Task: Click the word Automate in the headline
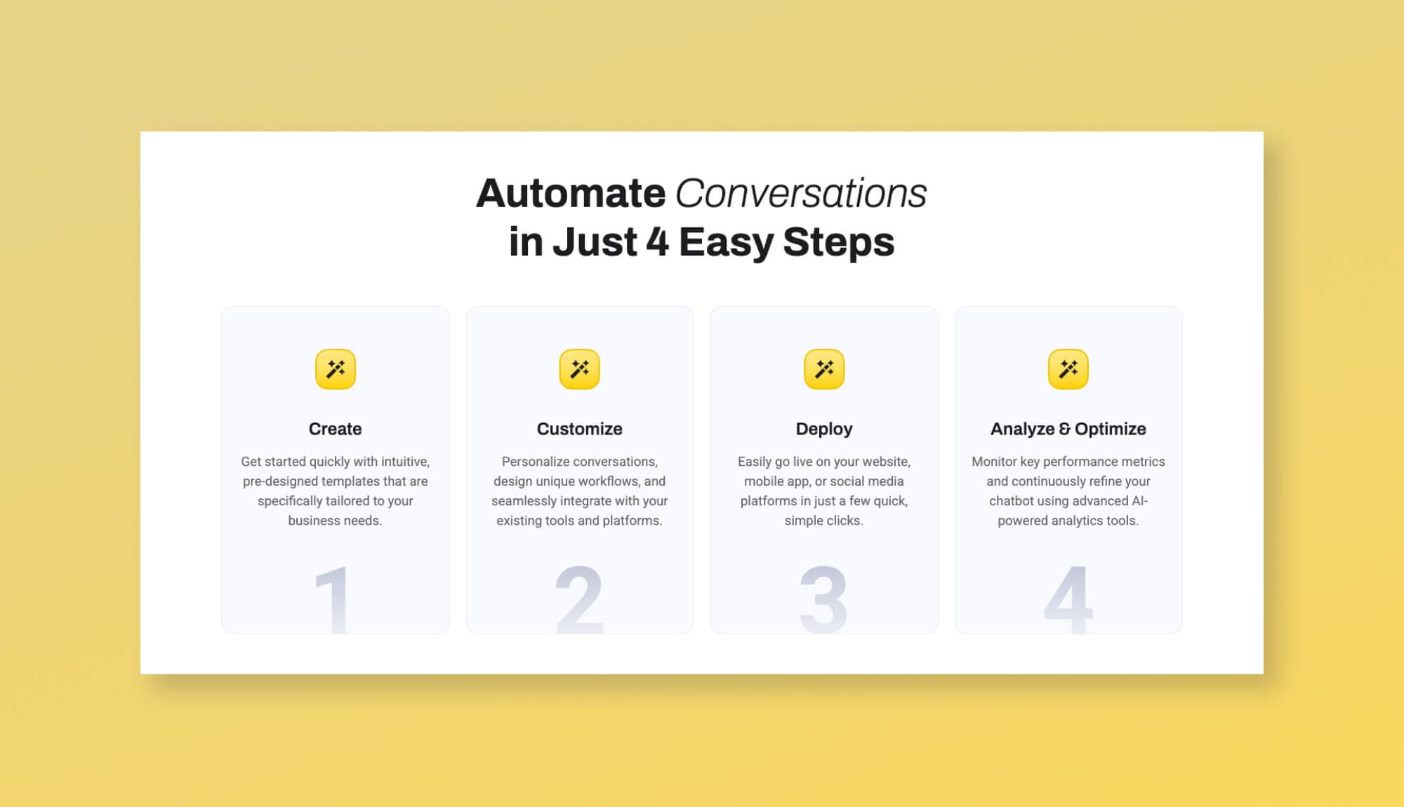[x=571, y=193]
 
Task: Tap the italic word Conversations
[x=800, y=193]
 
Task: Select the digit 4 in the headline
[x=657, y=242]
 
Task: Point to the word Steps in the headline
[x=838, y=242]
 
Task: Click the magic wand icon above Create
[x=336, y=369]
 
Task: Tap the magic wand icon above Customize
[x=580, y=369]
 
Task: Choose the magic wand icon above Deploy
[x=824, y=369]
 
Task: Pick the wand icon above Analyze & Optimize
[x=1068, y=369]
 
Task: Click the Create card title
[x=336, y=429]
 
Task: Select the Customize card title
[x=580, y=429]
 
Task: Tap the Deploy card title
[x=824, y=429]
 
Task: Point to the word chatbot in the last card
[x=1012, y=501]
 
